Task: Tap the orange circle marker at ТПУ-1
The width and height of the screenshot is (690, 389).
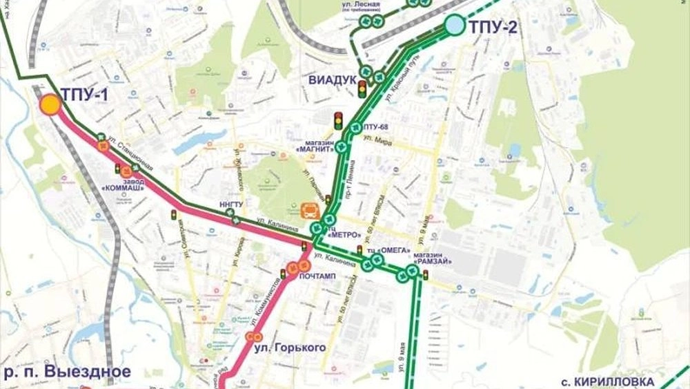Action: pos(50,105)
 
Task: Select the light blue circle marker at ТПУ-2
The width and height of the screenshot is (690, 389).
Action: pos(454,26)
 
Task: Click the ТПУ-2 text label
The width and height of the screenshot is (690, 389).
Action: pos(493,28)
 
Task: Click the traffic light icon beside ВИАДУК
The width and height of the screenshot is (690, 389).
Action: pos(362,88)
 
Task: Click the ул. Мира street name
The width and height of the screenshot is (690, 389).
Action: pos(382,142)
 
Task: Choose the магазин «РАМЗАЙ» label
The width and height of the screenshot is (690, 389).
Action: pos(433,257)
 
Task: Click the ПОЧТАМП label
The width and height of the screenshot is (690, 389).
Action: pos(318,276)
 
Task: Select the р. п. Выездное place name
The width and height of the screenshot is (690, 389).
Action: pos(67,372)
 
